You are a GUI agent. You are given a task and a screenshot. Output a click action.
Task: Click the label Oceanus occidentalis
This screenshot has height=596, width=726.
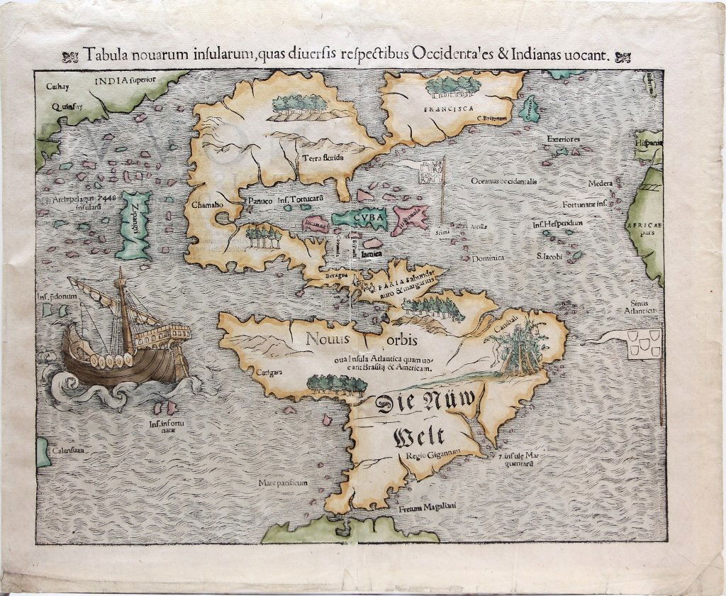tap(503, 181)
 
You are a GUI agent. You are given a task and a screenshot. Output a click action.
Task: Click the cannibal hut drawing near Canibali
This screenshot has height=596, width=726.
tap(523, 346)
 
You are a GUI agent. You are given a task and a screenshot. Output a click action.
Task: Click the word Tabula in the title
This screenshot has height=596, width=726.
tap(101, 55)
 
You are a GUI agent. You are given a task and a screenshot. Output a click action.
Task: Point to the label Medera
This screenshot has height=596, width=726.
tap(600, 184)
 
